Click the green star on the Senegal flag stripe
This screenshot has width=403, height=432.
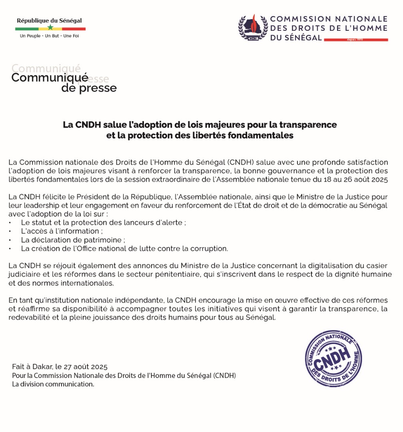(x=50, y=28)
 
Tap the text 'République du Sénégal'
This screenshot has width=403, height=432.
(x=49, y=21)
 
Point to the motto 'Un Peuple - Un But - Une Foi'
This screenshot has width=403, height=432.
(x=49, y=36)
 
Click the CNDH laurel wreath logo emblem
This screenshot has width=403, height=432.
(x=253, y=28)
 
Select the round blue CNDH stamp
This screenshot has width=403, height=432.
(x=333, y=359)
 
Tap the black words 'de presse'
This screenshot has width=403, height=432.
(x=89, y=88)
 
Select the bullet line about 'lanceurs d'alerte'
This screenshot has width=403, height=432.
(x=104, y=223)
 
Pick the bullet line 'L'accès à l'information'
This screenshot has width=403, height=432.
(x=60, y=231)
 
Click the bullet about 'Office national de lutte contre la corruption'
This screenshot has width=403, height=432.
(x=124, y=248)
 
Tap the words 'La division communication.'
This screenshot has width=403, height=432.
(x=53, y=384)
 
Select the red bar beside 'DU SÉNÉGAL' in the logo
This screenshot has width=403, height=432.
(x=356, y=40)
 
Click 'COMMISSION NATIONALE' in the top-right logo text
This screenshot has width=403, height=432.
(x=329, y=19)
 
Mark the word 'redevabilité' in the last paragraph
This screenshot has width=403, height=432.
(x=26, y=318)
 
